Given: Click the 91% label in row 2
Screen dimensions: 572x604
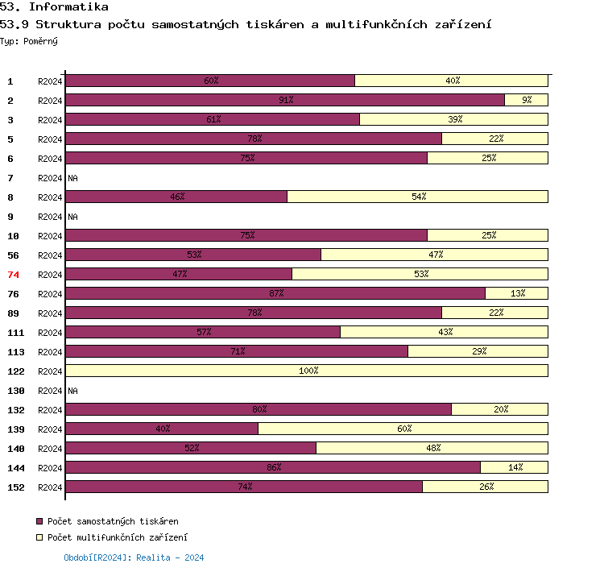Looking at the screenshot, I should [286, 101].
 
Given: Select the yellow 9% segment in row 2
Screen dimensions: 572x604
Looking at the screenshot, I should [526, 100].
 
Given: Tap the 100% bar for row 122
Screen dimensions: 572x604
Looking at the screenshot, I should [307, 371].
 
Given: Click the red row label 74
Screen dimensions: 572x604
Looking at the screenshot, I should [13, 275].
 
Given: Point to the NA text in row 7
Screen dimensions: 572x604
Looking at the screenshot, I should [72, 178].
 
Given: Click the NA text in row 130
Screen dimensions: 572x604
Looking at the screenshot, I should [72, 391].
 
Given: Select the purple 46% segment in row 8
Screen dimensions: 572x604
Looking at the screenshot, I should [176, 197].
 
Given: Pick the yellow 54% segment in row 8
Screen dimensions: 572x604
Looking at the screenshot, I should [418, 197].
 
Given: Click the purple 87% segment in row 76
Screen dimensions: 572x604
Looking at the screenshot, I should [275, 293].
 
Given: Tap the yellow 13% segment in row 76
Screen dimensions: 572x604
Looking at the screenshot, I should [516, 293].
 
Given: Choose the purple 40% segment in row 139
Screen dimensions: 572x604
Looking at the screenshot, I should [162, 429].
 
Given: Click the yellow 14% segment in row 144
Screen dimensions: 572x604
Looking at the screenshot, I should [514, 467].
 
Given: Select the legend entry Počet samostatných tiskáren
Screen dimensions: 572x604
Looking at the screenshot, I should [113, 522].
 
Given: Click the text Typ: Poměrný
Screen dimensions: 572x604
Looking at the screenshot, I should [29, 40].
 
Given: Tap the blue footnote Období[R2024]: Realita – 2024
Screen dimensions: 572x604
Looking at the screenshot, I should [134, 557].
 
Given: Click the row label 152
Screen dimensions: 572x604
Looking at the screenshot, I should [15, 487].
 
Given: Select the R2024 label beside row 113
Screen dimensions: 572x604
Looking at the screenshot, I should [50, 352].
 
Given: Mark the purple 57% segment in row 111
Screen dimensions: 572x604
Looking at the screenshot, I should [203, 332].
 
